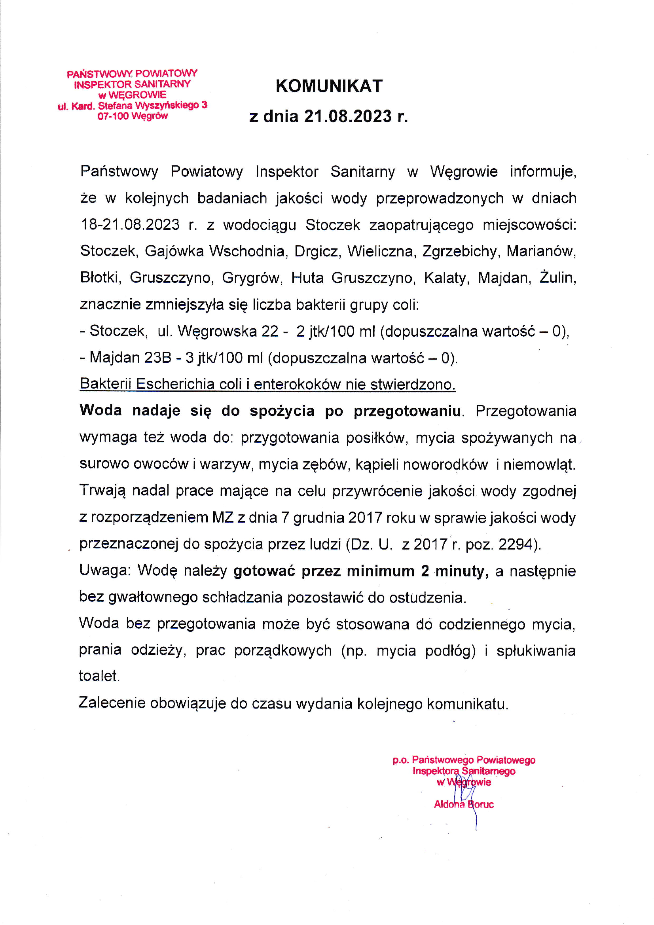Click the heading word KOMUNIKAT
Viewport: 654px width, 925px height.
click(329, 86)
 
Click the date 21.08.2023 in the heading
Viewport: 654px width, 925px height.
click(347, 116)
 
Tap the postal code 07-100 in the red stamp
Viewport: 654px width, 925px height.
click(113, 116)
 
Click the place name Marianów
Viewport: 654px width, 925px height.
click(541, 251)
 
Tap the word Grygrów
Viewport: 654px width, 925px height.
click(251, 278)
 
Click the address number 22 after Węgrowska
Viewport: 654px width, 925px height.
click(270, 331)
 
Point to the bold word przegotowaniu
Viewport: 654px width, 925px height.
click(407, 411)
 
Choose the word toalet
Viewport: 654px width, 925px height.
click(99, 677)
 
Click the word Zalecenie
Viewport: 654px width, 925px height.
click(112, 703)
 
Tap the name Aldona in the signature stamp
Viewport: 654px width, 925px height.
click(449, 805)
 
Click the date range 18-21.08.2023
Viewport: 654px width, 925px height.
click(130, 224)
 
